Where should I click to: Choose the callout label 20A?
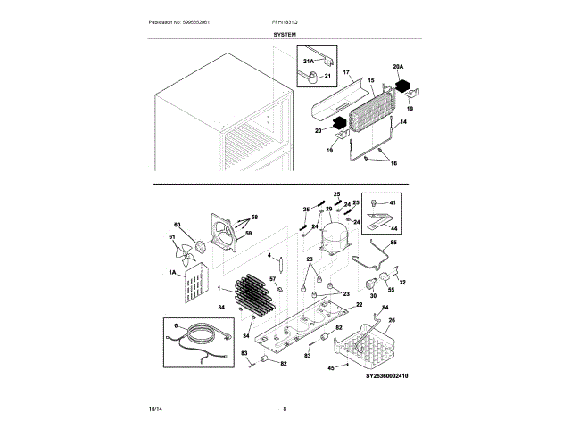tap(398, 68)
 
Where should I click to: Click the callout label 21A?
tap(309, 62)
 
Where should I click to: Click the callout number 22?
tap(360, 305)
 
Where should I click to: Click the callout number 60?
tap(176, 226)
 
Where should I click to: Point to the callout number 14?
tap(402, 121)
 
